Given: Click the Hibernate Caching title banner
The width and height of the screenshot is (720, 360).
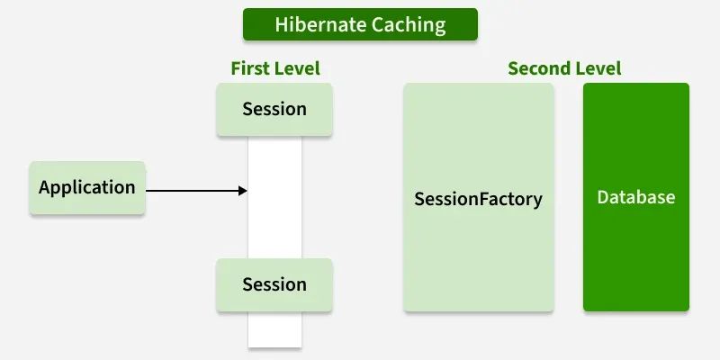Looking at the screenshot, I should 360,24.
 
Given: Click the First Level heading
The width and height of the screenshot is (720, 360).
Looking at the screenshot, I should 274,68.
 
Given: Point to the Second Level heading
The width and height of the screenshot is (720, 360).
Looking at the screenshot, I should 564,68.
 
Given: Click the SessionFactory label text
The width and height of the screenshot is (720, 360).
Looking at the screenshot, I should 478,198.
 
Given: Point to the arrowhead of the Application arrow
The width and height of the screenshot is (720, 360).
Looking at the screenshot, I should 243,191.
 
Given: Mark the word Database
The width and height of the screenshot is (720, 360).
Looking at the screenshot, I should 636,197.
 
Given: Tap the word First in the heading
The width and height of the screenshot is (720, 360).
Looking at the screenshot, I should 248,68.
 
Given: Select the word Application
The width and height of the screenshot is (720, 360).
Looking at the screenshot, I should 87,188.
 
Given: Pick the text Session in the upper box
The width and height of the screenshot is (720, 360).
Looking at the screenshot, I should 274,110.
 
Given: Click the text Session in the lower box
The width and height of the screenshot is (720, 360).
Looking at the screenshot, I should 274,285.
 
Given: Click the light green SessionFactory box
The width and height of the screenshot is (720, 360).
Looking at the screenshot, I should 478,261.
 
